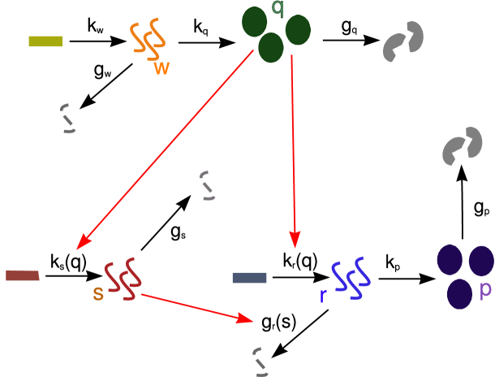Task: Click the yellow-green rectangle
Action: coord(45,41)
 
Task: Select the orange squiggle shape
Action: coord(148,39)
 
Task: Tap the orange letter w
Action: coord(162,68)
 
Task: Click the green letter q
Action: coord(278,8)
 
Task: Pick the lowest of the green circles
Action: coord(271,48)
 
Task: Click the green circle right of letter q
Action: coord(298,30)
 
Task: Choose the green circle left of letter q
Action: coord(256,22)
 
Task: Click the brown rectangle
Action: coord(22,276)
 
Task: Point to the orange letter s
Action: coord(98,294)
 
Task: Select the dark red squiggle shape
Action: coord(123,278)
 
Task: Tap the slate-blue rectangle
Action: coord(249,278)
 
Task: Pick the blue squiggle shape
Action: coord(351,278)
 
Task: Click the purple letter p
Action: coord(485,290)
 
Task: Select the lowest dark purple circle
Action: coord(460,293)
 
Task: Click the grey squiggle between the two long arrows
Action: coord(208,185)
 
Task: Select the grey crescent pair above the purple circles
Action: coord(462,146)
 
